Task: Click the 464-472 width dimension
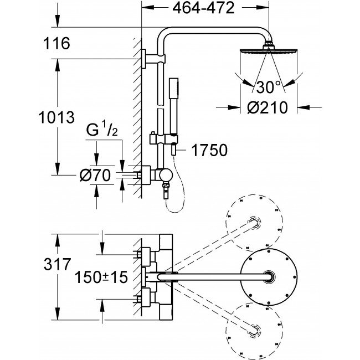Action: click(203, 8)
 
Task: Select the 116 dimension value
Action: click(56, 43)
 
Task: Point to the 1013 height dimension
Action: click(56, 117)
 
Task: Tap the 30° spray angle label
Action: click(269, 87)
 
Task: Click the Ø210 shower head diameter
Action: click(268, 107)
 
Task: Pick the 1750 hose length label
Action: click(209, 150)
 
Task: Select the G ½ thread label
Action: click(102, 130)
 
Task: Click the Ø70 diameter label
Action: click(95, 176)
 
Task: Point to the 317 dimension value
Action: click(57, 264)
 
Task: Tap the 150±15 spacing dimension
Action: click(101, 277)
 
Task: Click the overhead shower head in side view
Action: click(269, 48)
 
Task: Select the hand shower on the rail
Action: click(174, 106)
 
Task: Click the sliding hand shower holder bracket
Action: click(164, 139)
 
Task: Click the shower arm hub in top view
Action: click(269, 277)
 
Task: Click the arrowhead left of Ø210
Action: click(234, 107)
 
